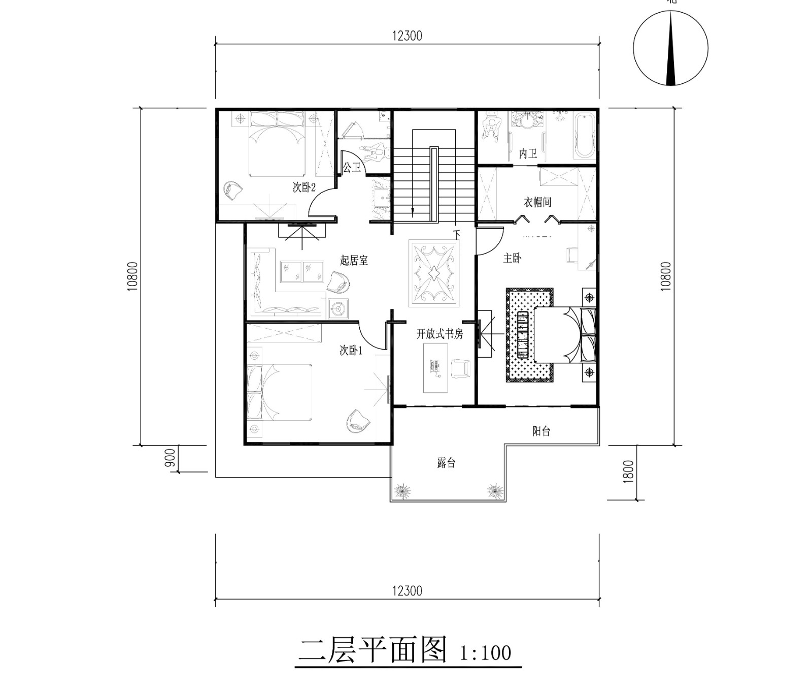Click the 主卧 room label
click(x=512, y=258)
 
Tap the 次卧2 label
click(x=304, y=187)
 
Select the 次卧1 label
click(x=351, y=351)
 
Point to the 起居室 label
click(x=354, y=261)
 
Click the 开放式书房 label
click(x=440, y=334)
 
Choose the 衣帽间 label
click(x=537, y=202)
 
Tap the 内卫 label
click(x=528, y=153)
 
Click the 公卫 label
click(x=352, y=167)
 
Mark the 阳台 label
click(x=542, y=431)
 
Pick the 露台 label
click(x=446, y=463)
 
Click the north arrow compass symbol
click(x=671, y=48)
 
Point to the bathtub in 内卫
click(x=585, y=136)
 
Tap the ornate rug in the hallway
click(x=434, y=274)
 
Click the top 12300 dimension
click(x=407, y=36)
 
